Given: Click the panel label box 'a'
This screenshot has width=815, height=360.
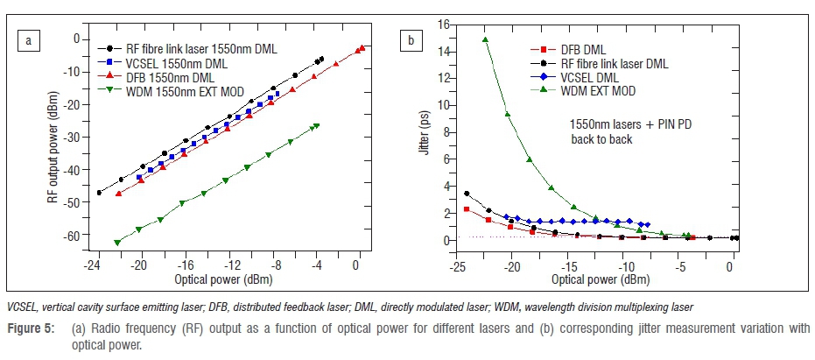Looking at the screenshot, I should [x=30, y=39].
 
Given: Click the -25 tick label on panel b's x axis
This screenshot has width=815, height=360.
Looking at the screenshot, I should [x=455, y=265].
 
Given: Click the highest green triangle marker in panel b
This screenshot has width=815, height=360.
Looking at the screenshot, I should [x=485, y=39].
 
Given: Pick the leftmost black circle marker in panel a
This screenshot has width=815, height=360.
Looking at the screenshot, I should [x=99, y=193].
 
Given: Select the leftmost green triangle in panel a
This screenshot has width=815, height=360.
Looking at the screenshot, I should [x=117, y=243].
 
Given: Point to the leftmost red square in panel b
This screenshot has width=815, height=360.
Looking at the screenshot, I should [x=467, y=209].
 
